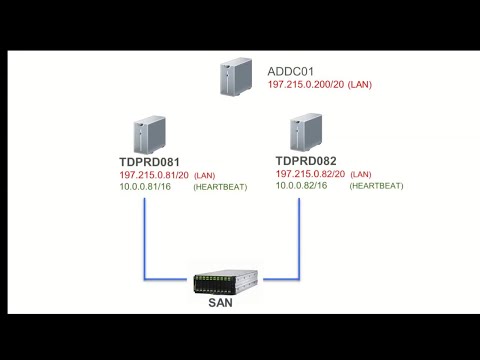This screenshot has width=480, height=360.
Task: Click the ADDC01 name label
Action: pyautogui.click(x=291, y=71)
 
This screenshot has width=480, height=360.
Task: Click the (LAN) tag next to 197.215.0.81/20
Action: pyautogui.click(x=204, y=175)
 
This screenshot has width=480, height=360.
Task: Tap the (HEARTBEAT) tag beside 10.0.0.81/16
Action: pyautogui.click(x=217, y=187)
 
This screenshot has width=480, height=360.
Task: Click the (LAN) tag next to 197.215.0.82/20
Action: pyautogui.click(x=360, y=174)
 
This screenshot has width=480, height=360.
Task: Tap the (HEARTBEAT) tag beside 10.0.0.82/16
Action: pyautogui.click(x=377, y=186)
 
